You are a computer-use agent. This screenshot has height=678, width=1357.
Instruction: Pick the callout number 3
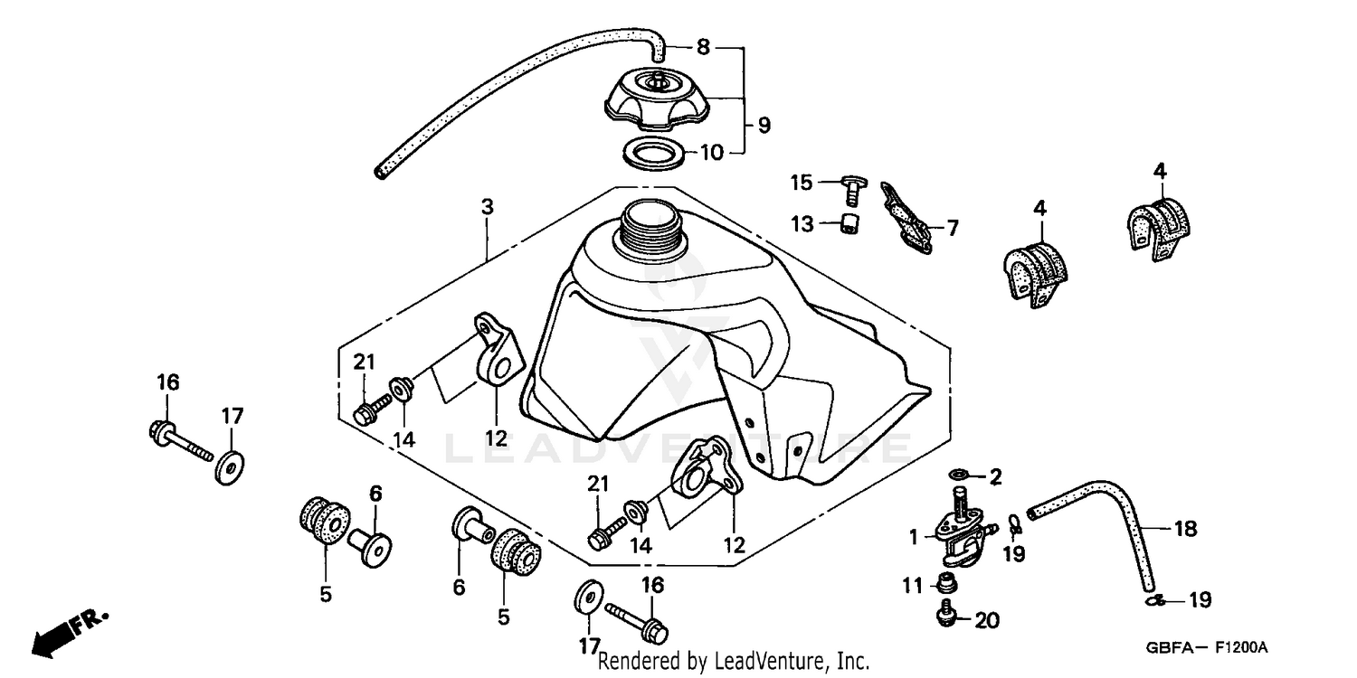(488, 206)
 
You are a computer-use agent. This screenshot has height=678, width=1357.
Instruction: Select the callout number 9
(764, 126)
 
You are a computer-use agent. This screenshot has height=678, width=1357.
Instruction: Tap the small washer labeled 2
(958, 475)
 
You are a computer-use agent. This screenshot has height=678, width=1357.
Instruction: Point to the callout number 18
(1184, 529)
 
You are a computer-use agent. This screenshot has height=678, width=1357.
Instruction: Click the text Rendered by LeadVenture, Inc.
(734, 662)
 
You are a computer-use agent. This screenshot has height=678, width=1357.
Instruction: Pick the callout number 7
(952, 228)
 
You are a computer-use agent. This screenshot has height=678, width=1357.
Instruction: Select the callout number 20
(987, 620)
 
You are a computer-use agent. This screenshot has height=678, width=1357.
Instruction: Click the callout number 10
(712, 153)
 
